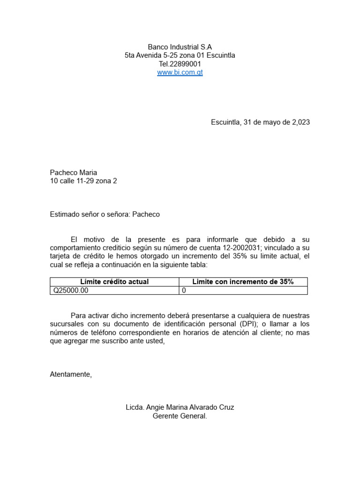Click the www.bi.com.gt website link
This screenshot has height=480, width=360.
point(180,73)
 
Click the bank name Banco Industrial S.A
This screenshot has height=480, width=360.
point(180,47)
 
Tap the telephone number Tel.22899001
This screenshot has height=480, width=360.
point(180,64)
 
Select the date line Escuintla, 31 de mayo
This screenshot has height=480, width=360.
point(260,122)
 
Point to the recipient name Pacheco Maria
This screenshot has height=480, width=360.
point(74,172)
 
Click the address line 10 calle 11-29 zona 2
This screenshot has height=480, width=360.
point(83,181)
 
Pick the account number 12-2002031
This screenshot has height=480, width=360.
point(236,248)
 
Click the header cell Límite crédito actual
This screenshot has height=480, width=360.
point(114,282)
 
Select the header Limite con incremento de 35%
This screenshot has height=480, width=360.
point(243,282)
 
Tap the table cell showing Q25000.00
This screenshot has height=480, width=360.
point(71,291)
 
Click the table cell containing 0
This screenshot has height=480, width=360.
point(184,291)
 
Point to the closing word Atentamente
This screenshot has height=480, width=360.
point(71,374)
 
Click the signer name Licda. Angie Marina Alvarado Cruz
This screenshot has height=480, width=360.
point(180,408)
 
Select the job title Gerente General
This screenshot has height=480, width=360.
point(180,416)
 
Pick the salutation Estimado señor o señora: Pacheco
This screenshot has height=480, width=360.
point(105,215)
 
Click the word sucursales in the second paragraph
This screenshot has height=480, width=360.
point(67,324)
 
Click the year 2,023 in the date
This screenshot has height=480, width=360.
point(301,122)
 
